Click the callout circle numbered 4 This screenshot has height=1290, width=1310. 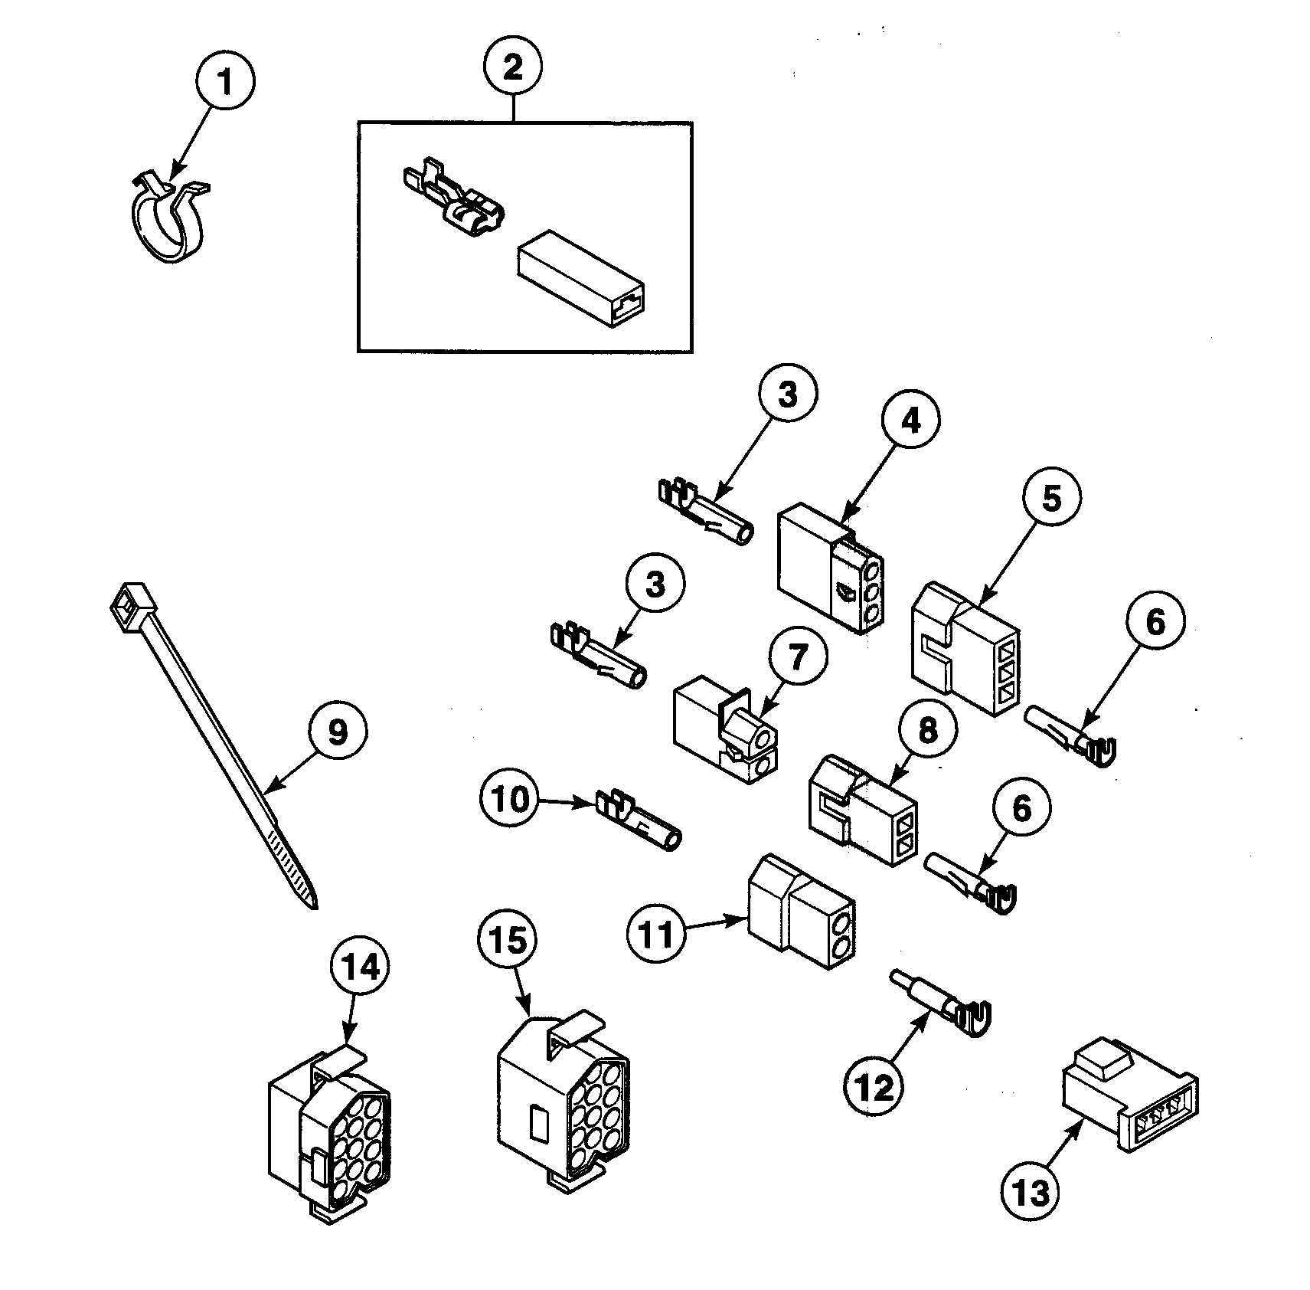910,420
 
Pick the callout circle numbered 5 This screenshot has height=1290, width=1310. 1051,498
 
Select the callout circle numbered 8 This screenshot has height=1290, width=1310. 927,730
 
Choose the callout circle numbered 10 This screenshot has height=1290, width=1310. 510,800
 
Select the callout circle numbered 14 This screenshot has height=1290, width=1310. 361,968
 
